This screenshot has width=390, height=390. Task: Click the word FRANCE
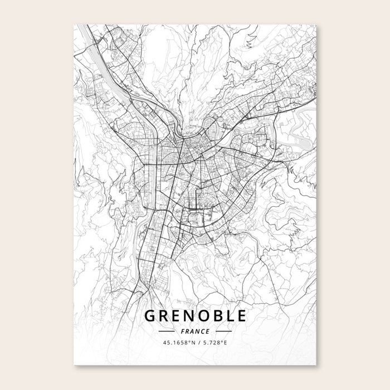[195, 331]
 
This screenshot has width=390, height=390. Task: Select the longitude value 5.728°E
[214, 343]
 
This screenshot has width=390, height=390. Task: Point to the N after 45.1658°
[189, 343]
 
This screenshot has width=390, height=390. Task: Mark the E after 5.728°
[225, 343]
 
